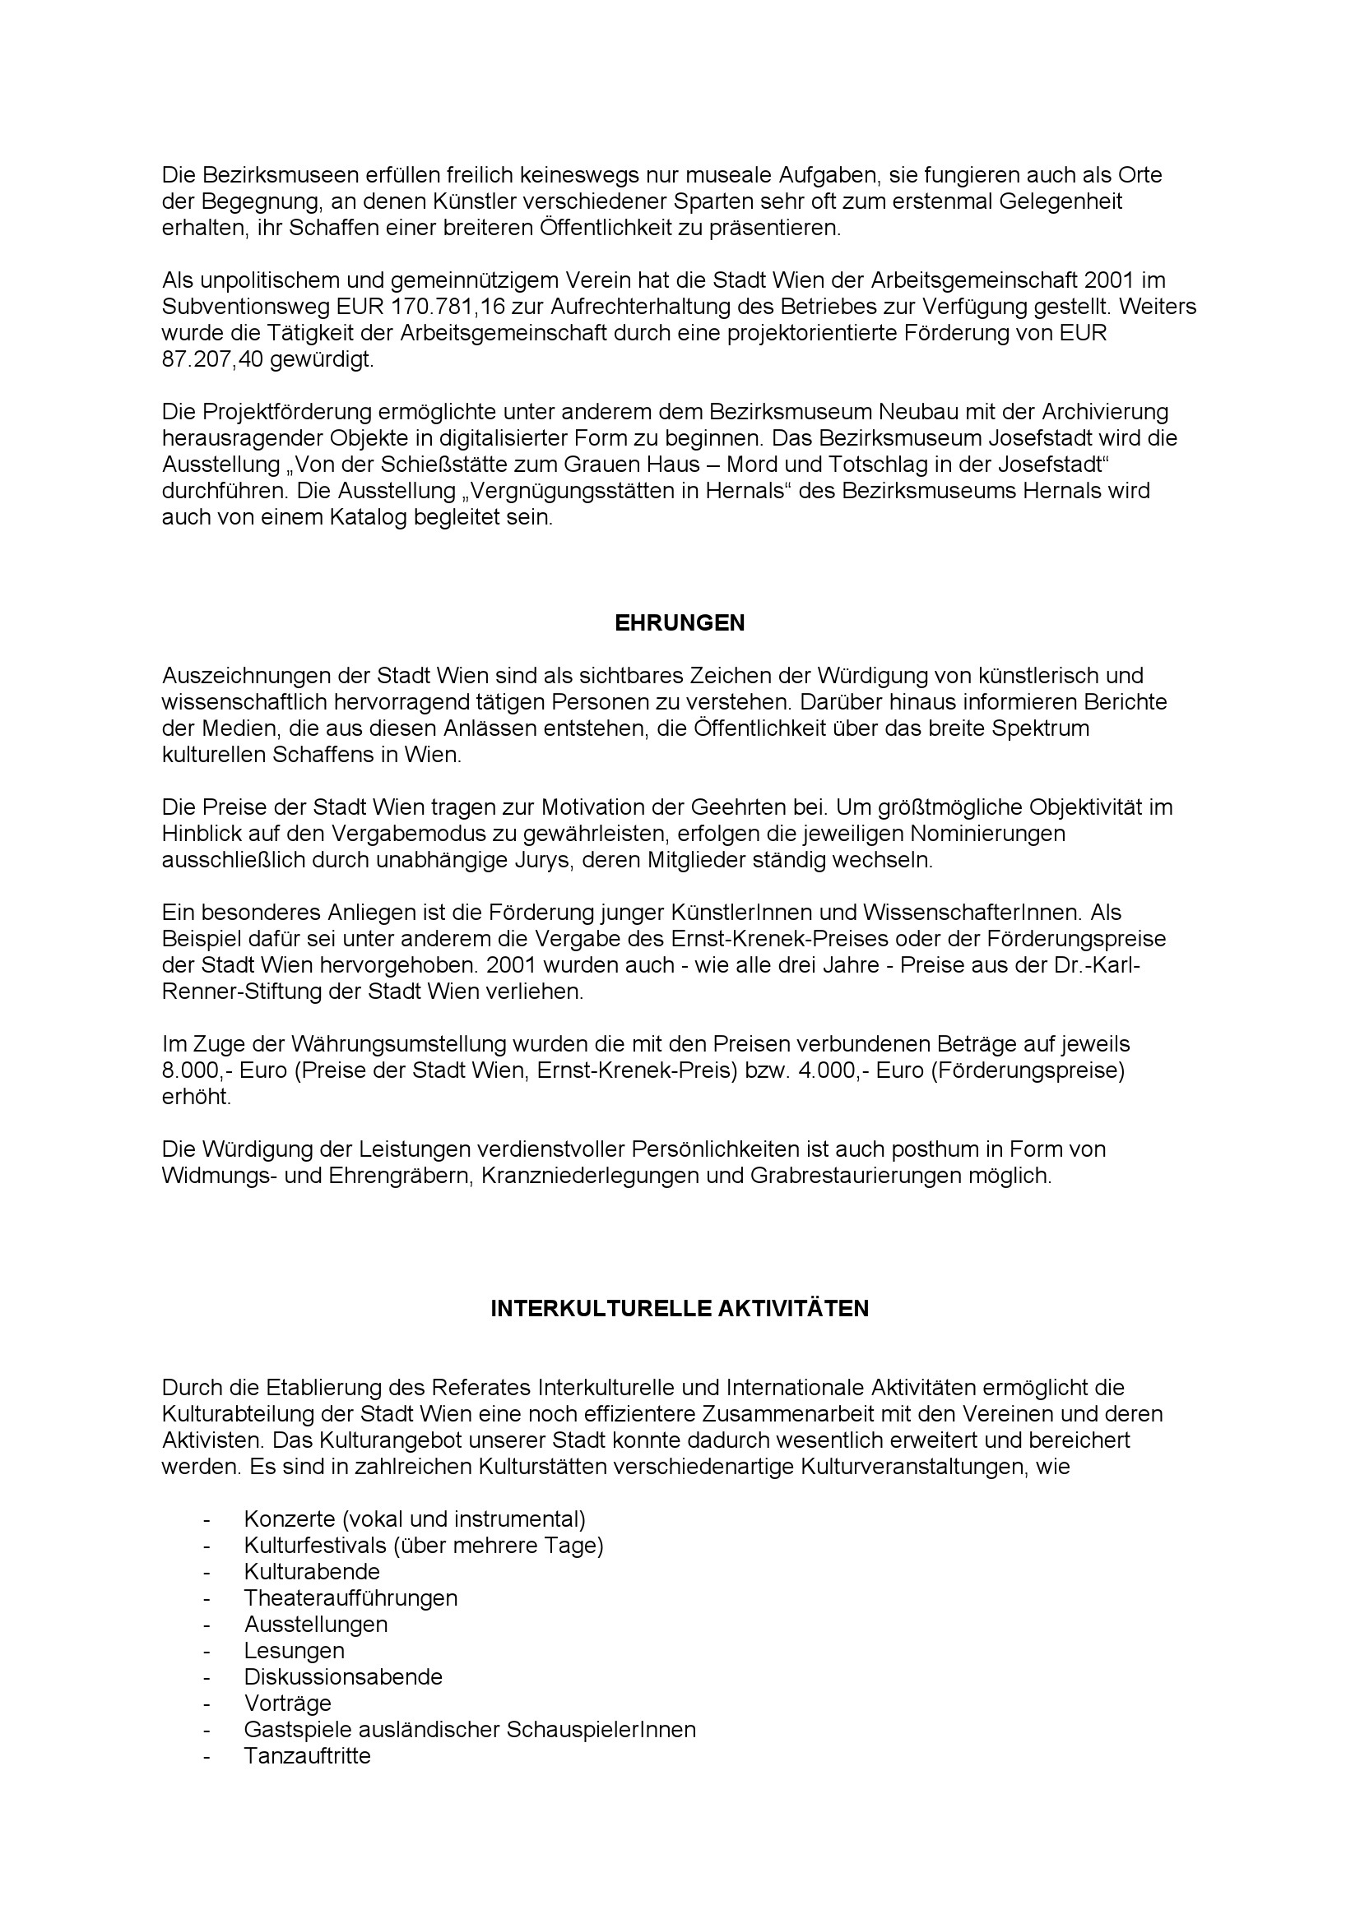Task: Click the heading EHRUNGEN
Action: point(680,623)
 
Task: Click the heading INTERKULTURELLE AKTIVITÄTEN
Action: point(680,1309)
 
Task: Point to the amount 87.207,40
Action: point(213,360)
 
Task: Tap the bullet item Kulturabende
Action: point(312,1572)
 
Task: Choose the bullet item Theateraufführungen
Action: point(351,1598)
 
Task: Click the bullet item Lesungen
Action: point(294,1651)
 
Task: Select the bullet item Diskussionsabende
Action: point(343,1676)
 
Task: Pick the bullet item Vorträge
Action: point(287,1703)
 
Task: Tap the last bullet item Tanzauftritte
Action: point(308,1756)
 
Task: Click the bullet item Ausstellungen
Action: point(316,1625)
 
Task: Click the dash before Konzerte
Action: point(207,1519)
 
